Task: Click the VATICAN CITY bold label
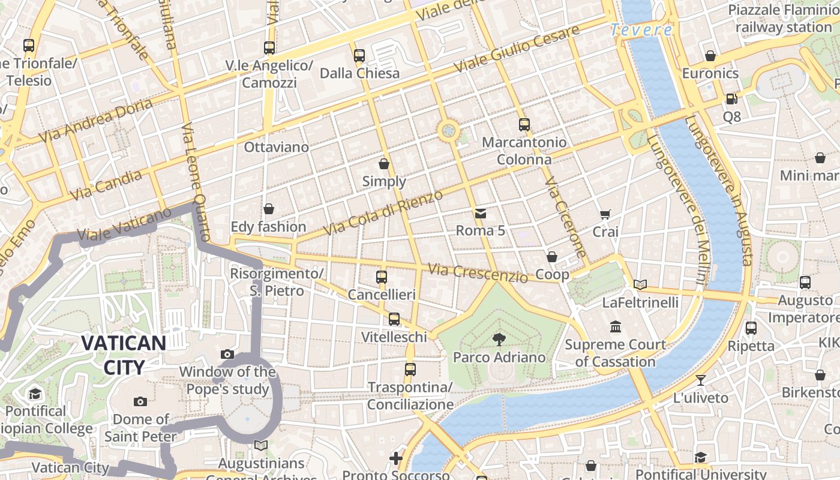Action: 124,355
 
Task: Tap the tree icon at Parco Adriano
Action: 499,340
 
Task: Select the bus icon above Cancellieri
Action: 382,277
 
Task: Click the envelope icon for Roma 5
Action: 481,214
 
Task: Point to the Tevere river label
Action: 641,30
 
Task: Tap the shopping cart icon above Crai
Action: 605,214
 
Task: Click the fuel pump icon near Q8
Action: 731,99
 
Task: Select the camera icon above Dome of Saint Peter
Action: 140,401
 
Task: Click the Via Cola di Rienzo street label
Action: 383,212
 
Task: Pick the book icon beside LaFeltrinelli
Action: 640,284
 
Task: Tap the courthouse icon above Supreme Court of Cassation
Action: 616,327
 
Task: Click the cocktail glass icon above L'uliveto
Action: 700,380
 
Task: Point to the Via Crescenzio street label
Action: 478,274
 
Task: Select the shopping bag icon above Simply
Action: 384,164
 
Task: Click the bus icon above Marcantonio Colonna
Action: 524,125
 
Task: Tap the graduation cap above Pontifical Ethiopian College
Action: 35,394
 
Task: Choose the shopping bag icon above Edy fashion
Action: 269,209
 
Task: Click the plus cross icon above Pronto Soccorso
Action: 396,458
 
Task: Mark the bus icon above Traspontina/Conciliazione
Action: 410,370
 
